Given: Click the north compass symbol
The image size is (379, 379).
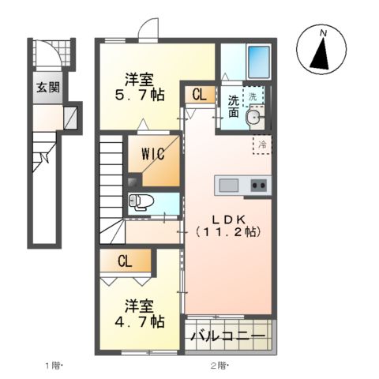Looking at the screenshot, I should (x=321, y=51).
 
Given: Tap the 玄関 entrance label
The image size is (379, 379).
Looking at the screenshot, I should (x=45, y=87).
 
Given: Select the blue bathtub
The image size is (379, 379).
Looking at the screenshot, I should (x=258, y=60).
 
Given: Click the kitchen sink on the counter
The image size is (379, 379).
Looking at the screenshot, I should (x=229, y=186).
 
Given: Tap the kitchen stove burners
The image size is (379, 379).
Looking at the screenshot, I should (x=258, y=186).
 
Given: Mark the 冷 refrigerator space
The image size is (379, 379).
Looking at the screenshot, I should (x=261, y=144).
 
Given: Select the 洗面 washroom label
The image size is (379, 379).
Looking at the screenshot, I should (x=233, y=107).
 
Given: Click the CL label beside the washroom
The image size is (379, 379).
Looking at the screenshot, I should (x=199, y=95).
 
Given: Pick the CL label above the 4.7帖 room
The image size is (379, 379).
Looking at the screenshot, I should (x=125, y=261).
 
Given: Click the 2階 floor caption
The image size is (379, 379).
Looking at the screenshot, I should (x=219, y=365).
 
